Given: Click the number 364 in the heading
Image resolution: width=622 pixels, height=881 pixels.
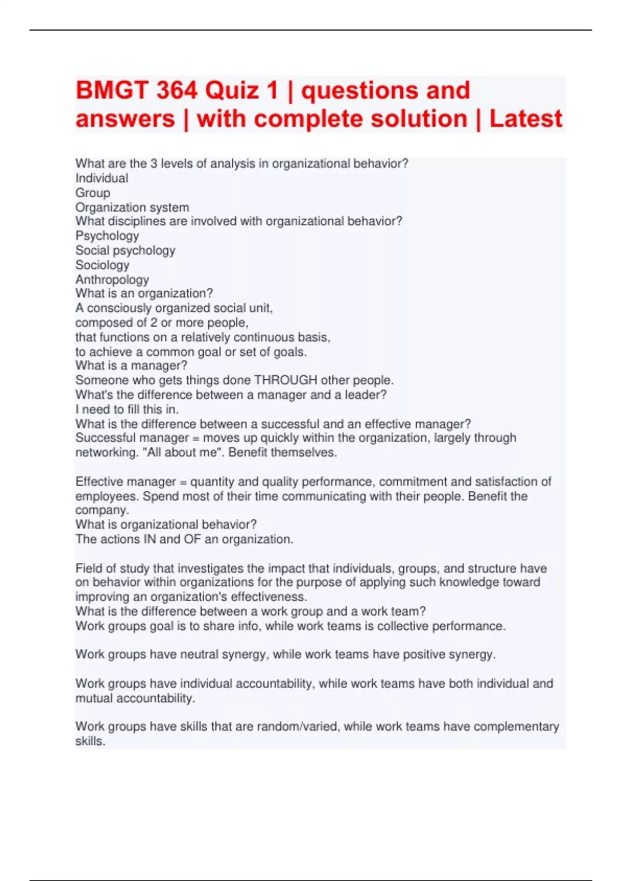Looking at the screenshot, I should (x=177, y=91).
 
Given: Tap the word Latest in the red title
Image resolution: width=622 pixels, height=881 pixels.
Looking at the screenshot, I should (x=525, y=119).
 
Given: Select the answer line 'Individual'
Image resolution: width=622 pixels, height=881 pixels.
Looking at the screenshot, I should (x=102, y=178).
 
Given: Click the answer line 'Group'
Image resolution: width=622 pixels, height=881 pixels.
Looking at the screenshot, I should (x=93, y=193).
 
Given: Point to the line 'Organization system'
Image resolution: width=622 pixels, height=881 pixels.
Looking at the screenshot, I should (x=132, y=207).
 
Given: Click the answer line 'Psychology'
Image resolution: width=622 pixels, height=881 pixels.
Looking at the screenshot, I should (x=107, y=236).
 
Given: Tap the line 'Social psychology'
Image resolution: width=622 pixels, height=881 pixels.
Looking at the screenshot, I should (x=125, y=250).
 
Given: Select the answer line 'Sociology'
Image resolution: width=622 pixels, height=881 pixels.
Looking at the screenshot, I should (x=102, y=265).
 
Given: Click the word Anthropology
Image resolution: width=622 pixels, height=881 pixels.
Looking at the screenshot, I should (x=112, y=279).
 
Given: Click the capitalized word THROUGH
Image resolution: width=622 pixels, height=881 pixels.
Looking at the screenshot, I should (x=286, y=380).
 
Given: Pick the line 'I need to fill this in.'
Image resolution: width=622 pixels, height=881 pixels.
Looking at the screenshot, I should (x=127, y=409).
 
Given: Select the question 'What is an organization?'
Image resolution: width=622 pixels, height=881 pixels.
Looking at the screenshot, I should (x=144, y=293).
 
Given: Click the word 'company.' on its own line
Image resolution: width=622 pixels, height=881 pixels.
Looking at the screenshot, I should (x=102, y=510).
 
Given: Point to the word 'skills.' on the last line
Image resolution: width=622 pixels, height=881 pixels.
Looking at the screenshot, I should (x=90, y=741).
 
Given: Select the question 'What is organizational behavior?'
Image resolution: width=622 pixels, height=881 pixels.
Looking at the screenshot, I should (x=166, y=524).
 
